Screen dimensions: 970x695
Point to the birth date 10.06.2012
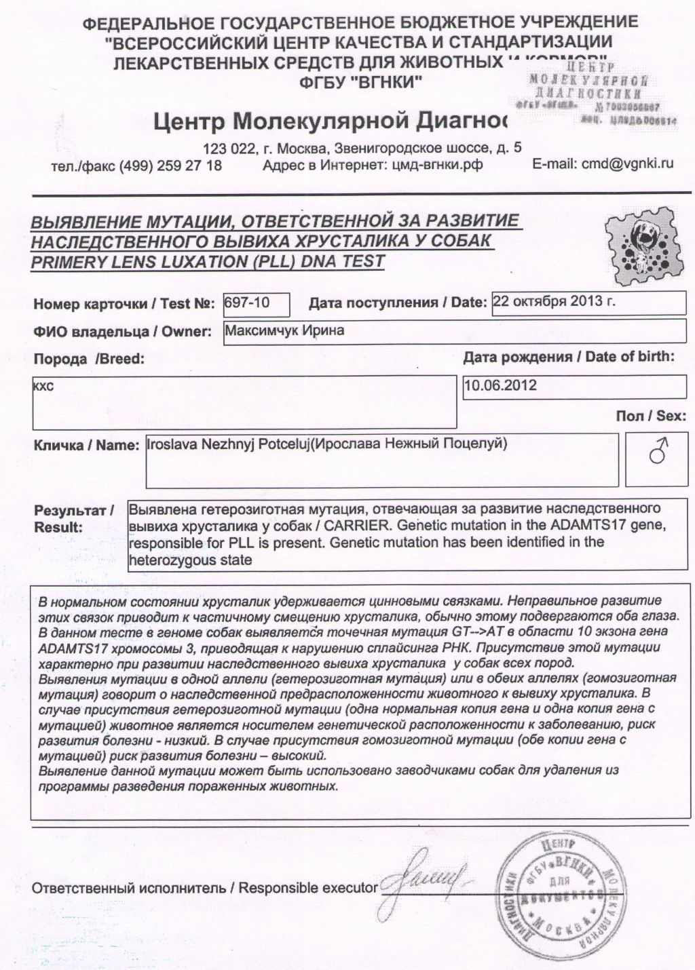point(500,385)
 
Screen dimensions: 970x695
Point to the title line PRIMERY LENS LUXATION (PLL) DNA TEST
point(208,261)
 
